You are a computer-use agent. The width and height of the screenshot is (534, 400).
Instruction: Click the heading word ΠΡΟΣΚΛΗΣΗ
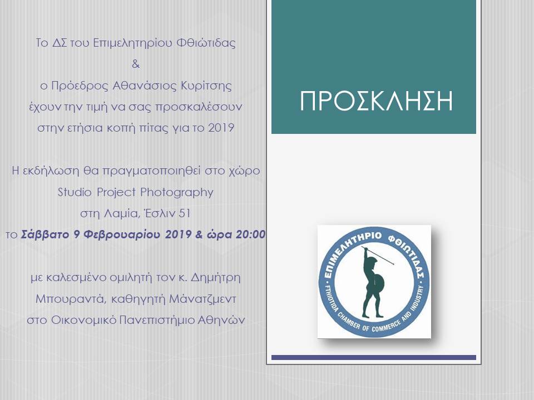376,101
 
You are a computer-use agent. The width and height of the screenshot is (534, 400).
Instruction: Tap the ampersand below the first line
136,63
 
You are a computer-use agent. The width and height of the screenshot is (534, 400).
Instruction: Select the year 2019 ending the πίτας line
221,128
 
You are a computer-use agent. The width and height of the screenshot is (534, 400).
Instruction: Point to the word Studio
75,192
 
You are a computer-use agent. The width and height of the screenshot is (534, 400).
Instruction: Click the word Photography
177,193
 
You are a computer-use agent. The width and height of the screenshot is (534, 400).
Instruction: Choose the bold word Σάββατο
45,234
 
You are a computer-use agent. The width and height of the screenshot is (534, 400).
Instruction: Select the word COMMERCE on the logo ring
386,327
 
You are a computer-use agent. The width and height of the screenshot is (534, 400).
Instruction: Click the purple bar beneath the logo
374,357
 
